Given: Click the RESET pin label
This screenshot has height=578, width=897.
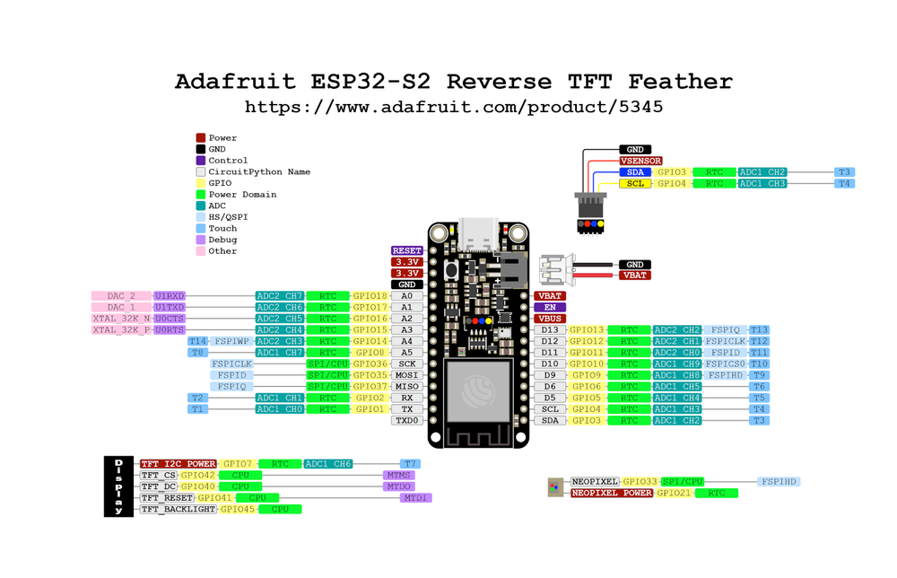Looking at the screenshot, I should tap(406, 250).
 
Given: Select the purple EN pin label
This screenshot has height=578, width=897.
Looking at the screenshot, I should tap(550, 307).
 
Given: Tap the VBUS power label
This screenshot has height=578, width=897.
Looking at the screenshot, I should tap(550, 319).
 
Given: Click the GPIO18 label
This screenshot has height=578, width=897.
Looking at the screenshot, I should tap(370, 295).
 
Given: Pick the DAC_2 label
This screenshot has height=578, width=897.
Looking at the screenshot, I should tap(121, 295).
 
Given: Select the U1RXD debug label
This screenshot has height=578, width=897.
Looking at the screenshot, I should tap(169, 295).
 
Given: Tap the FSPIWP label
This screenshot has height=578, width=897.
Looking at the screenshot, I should tap(231, 341).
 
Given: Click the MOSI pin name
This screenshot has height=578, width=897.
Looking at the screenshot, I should tap(407, 375).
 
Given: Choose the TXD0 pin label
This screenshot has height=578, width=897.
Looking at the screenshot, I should tap(407, 420).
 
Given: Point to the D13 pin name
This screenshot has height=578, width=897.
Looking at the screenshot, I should tap(550, 330).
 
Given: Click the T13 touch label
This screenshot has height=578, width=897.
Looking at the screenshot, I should tap(759, 330).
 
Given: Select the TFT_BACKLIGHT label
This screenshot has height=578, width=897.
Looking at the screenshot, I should tap(178, 509).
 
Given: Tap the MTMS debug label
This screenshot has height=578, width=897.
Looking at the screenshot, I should tap(398, 475).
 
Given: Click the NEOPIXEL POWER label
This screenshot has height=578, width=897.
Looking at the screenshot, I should tap(611, 493).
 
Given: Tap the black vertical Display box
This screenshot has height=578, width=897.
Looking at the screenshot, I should tap(118, 486).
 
